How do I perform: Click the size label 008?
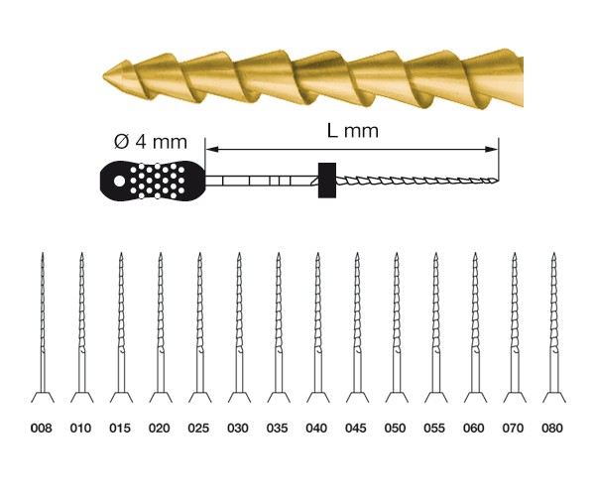(x=42, y=429)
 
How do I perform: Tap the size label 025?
(x=198, y=429)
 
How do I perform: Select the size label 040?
(x=316, y=429)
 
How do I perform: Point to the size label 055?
(x=434, y=429)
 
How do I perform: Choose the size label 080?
(x=552, y=429)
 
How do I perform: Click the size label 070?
(x=513, y=429)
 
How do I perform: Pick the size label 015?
(x=120, y=429)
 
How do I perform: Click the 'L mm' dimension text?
(x=353, y=131)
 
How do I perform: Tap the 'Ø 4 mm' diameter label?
(x=151, y=142)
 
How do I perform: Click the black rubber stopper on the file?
(x=327, y=181)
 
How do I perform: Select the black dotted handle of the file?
(x=153, y=181)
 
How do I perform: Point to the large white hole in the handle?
(x=119, y=181)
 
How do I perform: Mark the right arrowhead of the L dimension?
(x=493, y=149)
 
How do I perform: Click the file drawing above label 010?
(x=81, y=327)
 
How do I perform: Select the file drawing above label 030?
(x=239, y=327)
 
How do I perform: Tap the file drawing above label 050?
(x=397, y=327)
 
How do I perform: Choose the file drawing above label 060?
(x=475, y=327)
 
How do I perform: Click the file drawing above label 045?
(x=357, y=327)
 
